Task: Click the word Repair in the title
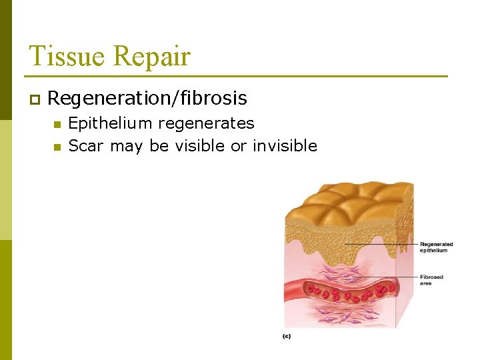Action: click(151, 57)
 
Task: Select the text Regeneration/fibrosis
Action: click(147, 99)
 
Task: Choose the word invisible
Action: click(285, 146)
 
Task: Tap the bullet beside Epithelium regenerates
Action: click(57, 124)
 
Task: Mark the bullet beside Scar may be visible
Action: click(57, 147)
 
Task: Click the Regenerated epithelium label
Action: click(436, 247)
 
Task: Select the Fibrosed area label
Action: click(431, 280)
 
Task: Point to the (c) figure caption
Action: click(286, 337)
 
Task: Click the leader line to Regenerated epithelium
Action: click(380, 245)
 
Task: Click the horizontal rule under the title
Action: click(237, 76)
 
